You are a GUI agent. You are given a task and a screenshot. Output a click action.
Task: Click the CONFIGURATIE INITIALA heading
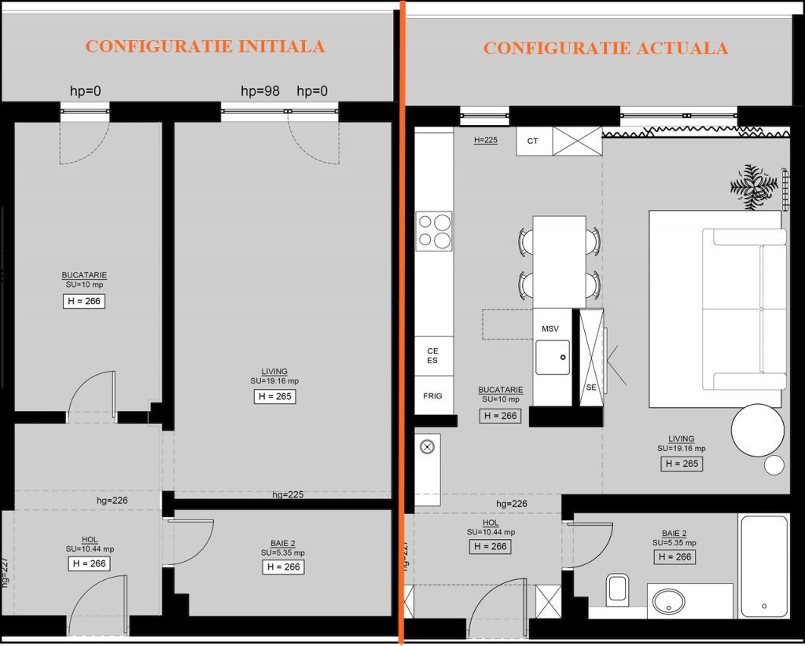(x=205, y=46)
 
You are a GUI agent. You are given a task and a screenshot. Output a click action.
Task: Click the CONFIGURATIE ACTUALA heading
(x=606, y=48)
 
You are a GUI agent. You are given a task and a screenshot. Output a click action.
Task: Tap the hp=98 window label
(x=260, y=91)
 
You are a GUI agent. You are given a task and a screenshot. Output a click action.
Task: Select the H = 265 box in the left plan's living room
(x=275, y=396)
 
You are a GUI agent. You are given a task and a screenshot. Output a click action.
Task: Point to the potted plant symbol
(x=754, y=187)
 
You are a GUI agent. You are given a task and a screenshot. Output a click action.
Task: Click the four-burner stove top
(x=434, y=231)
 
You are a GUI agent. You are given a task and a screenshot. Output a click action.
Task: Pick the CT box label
(x=532, y=141)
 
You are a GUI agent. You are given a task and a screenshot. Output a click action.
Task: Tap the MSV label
(x=550, y=329)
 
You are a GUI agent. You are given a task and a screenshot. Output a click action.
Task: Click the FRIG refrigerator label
(x=433, y=395)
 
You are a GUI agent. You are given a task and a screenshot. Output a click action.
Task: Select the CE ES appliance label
(x=433, y=355)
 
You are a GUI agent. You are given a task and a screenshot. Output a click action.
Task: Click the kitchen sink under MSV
(x=553, y=357)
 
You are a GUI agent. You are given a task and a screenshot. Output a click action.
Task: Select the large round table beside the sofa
(x=758, y=430)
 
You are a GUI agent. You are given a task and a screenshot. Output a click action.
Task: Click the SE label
(x=591, y=387)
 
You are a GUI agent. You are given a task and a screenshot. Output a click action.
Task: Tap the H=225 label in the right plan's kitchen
(x=486, y=140)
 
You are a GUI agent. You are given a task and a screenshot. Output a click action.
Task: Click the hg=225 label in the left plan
(x=288, y=494)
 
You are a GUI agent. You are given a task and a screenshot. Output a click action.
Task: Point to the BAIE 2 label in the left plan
(x=283, y=543)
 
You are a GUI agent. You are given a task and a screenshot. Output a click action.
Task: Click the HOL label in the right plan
(x=491, y=523)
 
